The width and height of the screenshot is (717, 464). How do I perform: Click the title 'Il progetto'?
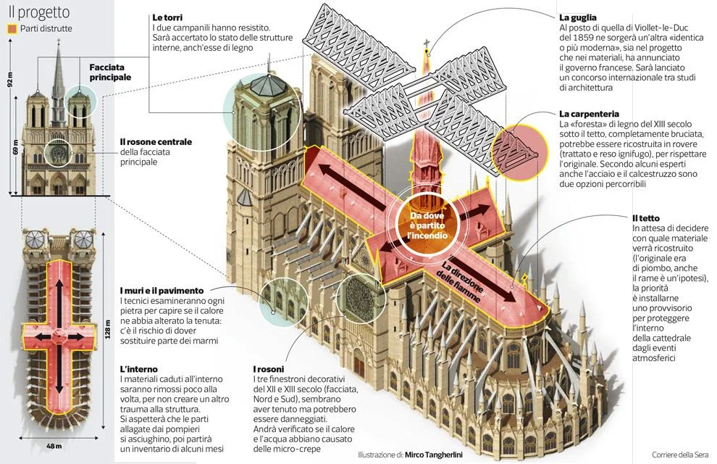[x=39, y=12]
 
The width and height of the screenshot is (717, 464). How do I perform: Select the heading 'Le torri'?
[x=167, y=17]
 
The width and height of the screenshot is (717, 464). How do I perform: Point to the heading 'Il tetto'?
[x=645, y=217]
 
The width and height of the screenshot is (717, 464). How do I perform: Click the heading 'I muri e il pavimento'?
[x=162, y=290]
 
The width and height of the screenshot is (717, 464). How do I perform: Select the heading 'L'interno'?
[x=139, y=369]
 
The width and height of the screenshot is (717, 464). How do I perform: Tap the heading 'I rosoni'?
[x=269, y=369]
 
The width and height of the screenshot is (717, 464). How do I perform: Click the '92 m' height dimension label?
[x=10, y=79]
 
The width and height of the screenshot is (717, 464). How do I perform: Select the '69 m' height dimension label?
[x=15, y=149]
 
